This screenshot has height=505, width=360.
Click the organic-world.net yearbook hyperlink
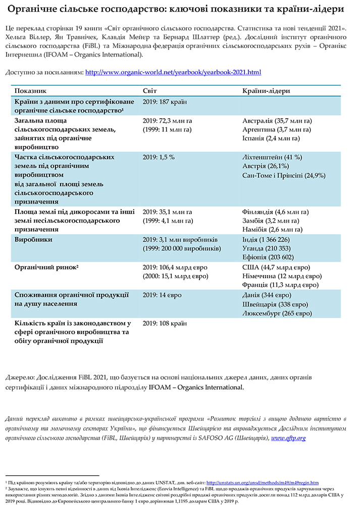click(173, 72)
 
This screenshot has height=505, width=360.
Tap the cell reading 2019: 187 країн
click(165, 102)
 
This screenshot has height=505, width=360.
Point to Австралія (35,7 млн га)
click(277, 121)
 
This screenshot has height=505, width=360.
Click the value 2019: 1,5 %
click(159, 158)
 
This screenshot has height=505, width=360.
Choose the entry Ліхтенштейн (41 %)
click(273, 158)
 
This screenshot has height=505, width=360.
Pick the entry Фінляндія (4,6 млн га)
click(276, 212)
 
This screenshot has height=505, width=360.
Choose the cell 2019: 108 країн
click(165, 323)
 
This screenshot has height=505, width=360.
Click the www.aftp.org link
click(288, 438)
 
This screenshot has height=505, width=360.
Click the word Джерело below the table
click(20, 378)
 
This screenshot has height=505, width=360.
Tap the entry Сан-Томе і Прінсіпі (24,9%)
click(284, 176)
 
